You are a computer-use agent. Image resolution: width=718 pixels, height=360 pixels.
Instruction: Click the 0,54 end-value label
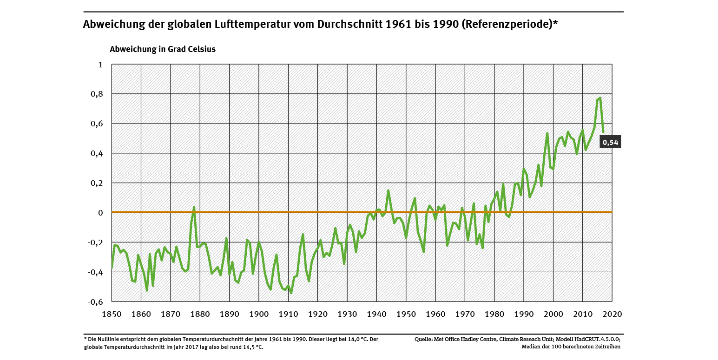pyautogui.click(x=611, y=142)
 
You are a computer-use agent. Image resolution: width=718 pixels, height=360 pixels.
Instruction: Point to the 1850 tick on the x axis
pyautogui.click(x=112, y=314)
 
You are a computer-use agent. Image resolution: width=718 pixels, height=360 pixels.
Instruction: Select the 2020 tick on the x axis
pyautogui.click(x=612, y=314)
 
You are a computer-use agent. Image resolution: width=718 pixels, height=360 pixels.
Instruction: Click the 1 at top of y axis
pyautogui.click(x=100, y=65)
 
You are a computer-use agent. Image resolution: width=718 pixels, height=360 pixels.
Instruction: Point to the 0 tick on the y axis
pyautogui.click(x=100, y=213)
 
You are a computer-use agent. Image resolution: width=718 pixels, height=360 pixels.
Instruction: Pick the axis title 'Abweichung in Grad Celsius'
pyautogui.click(x=163, y=49)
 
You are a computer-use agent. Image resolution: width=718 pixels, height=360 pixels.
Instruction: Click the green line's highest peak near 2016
pyautogui.click(x=600, y=98)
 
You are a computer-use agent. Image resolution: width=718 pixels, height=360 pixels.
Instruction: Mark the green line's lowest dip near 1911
pyautogui.click(x=291, y=293)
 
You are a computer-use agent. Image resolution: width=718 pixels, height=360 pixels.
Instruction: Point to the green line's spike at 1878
pyautogui.click(x=194, y=207)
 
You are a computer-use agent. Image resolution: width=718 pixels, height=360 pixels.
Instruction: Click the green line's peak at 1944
pyautogui.click(x=388, y=190)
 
